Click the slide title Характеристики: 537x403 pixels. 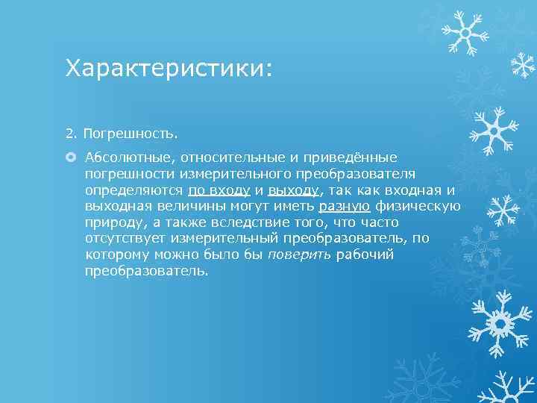[169, 69]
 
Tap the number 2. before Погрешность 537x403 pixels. [72, 134]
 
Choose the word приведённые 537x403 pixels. [350, 157]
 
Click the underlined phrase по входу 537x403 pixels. [219, 190]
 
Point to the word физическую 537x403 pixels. [418, 206]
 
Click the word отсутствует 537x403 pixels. [125, 238]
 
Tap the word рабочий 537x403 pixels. [365, 254]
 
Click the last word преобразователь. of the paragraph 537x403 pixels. [147, 271]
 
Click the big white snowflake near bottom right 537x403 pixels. [498, 322]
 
